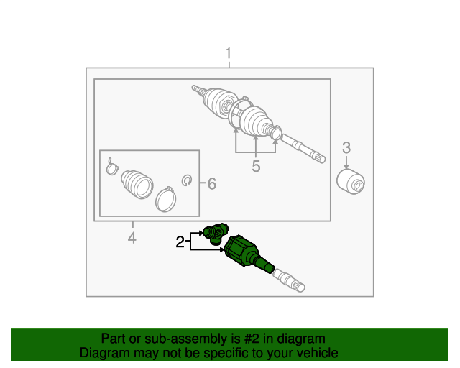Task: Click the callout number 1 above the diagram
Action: pos(229,53)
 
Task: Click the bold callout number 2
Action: pos(180,242)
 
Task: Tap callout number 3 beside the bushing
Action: pos(346,148)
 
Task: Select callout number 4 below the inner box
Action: pos(132,238)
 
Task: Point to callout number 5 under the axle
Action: pos(256,167)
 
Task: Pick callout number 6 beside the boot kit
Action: pos(212,184)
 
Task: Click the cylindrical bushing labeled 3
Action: pos(351,182)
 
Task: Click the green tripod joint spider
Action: pos(216,234)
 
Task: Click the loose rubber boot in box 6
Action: pos(137,185)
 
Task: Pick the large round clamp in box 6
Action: pos(165,200)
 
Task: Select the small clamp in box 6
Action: pos(112,167)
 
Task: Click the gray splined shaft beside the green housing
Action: pos(289,281)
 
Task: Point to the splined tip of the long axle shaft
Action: pos(319,157)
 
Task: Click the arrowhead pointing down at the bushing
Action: pos(346,166)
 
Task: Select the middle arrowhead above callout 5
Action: pos(256,138)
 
